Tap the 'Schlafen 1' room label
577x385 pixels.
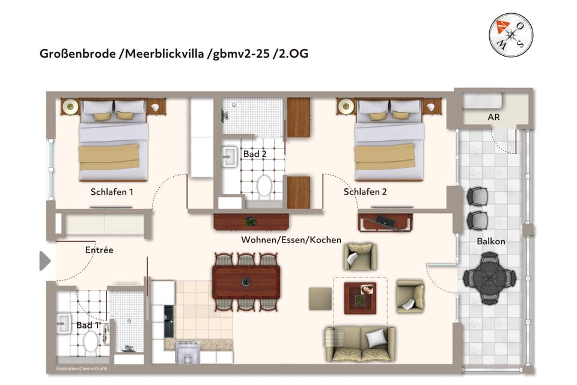pyautogui.click(x=112, y=192)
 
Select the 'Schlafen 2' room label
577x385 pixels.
pyautogui.click(x=365, y=192)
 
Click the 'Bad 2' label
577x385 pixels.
pyautogui.click(x=255, y=155)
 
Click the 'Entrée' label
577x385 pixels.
pyautogui.click(x=99, y=250)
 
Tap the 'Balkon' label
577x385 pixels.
pyautogui.click(x=490, y=241)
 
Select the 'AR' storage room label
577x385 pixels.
pyautogui.click(x=493, y=117)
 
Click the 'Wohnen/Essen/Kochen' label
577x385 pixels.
pyautogui.click(x=291, y=240)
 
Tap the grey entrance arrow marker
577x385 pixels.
pyautogui.click(x=45, y=261)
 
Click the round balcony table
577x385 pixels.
pyautogui.click(x=489, y=278)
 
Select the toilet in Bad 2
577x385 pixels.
pyautogui.click(x=264, y=186)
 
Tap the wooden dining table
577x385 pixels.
pyautogui.click(x=246, y=282)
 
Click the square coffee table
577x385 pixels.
pyautogui.click(x=359, y=298)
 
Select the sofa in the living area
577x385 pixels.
pyautogui.click(x=359, y=345)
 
